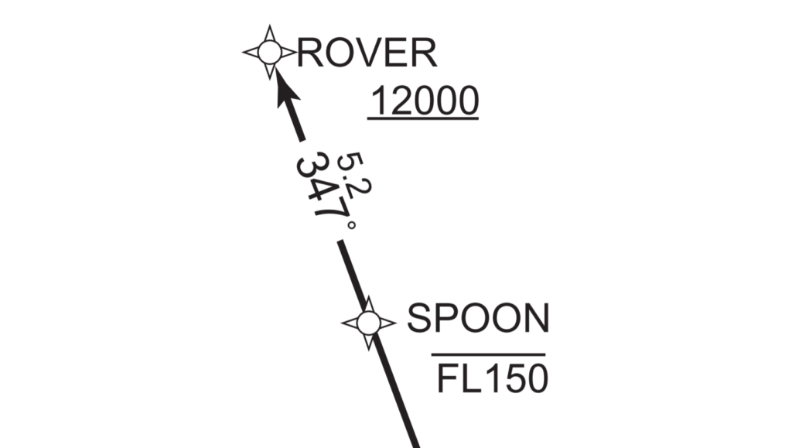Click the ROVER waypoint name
point(367,53)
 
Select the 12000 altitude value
point(425,101)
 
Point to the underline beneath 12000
point(423,119)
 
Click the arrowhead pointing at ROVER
point(285,90)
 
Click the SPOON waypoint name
point(478,318)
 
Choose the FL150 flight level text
point(492,379)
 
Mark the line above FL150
point(488,354)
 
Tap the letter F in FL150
point(448,379)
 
